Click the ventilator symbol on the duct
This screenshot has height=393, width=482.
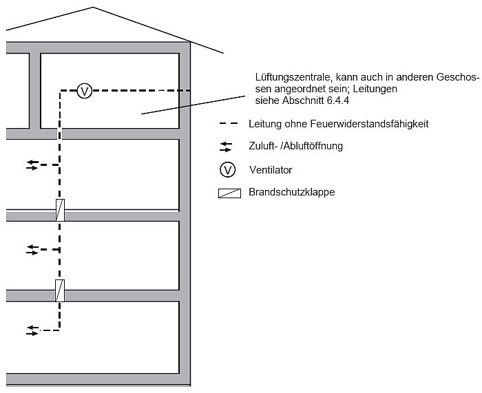(84, 90)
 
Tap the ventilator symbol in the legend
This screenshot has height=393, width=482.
(227, 169)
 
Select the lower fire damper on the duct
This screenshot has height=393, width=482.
(60, 290)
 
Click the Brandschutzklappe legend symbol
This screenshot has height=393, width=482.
(227, 193)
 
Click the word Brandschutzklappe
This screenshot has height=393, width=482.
(291, 193)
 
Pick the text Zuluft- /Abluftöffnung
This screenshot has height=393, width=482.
(295, 146)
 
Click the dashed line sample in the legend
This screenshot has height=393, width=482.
(229, 124)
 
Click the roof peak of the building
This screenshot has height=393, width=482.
(93, 8)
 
